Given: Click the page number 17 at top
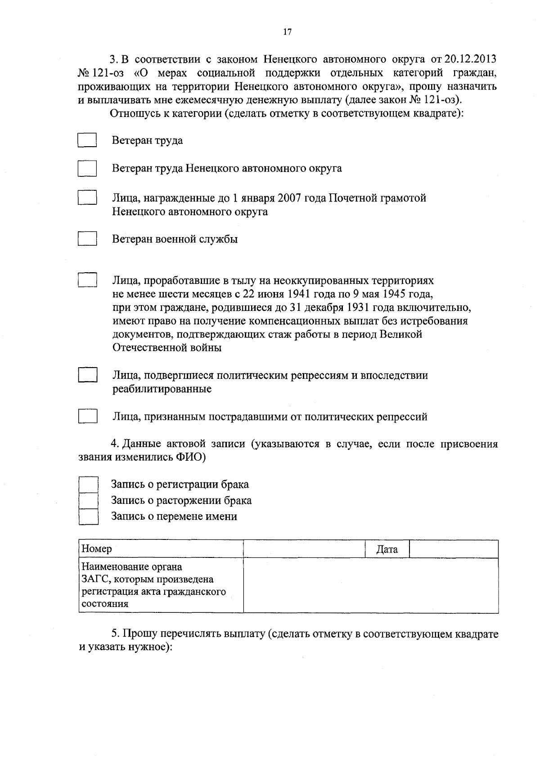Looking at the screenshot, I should click(288, 31).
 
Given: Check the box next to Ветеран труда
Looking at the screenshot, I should click(87, 140).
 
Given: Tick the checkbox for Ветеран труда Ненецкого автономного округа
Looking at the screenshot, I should click(87, 168).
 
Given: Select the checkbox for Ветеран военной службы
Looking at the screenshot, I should click(87, 238).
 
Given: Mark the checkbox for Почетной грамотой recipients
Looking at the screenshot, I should click(87, 198).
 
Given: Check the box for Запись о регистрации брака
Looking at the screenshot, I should click(89, 485).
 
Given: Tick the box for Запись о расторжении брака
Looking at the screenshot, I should click(89, 500).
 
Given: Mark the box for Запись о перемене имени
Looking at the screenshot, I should click(89, 516).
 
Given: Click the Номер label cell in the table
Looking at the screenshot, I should click(161, 549).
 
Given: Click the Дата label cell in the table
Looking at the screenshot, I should click(387, 549).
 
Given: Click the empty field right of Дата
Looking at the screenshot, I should click(454, 549).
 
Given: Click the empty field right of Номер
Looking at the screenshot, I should click(304, 549).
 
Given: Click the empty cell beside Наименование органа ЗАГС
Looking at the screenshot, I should click(370, 585).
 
